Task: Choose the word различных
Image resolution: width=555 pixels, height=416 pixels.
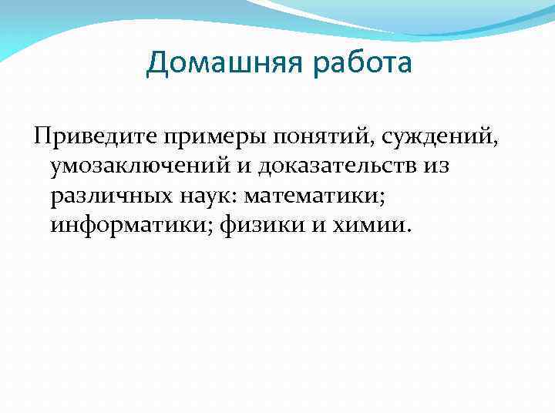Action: coord(107,196)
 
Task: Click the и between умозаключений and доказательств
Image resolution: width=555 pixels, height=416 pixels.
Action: coord(244,166)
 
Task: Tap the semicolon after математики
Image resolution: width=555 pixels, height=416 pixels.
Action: coord(383,198)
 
